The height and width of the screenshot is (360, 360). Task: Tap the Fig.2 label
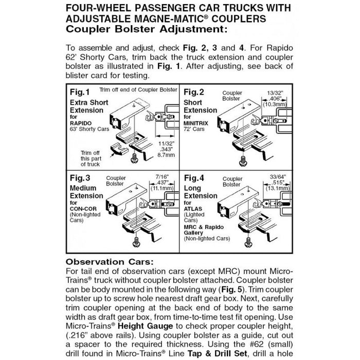(x=194, y=93)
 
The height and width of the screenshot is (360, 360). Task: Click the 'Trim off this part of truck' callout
(x=89, y=159)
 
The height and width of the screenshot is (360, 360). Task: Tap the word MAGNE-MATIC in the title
(x=173, y=19)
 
